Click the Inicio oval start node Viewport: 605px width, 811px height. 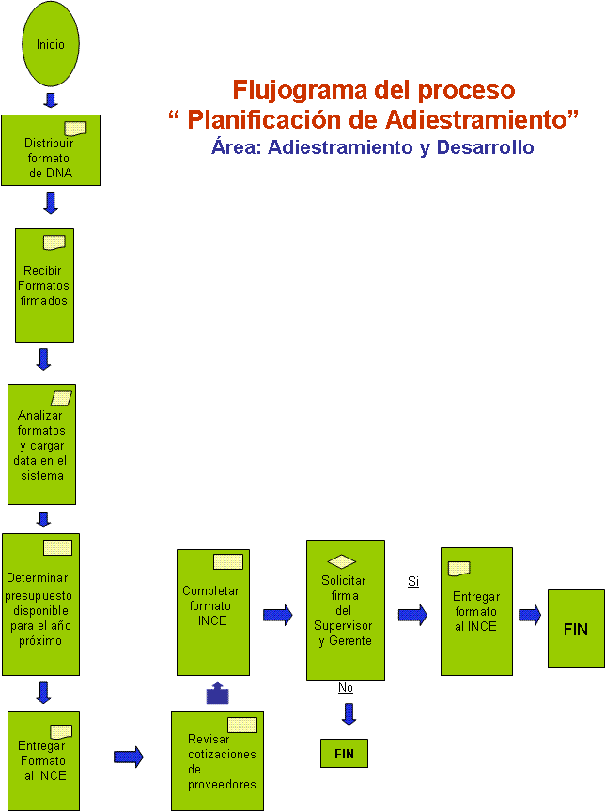coord(51,44)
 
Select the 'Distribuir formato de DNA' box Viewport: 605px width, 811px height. coord(51,150)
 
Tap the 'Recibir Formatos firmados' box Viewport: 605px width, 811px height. coord(44,285)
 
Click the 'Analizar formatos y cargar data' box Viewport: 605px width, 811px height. coord(42,444)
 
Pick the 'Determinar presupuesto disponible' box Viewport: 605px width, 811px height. coord(41,604)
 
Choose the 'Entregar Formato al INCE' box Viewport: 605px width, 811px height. coord(43,760)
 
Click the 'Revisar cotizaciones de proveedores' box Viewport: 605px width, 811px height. coord(217,760)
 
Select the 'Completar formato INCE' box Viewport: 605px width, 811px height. coord(213,612)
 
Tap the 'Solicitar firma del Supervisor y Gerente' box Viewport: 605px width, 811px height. coord(346,610)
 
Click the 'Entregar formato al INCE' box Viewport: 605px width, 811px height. coord(476,611)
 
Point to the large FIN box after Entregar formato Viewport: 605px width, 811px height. coord(576,628)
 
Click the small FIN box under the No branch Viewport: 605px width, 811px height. coord(344,753)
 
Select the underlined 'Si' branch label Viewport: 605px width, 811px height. coord(413,581)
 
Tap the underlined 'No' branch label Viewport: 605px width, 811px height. coord(345,687)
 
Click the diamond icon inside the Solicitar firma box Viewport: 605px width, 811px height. coord(342,561)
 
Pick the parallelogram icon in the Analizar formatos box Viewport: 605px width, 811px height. coord(61,398)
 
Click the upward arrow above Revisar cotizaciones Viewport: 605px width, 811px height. coord(217,693)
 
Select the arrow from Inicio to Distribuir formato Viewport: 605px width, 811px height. coord(50,100)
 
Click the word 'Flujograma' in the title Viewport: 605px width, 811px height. coord(300,90)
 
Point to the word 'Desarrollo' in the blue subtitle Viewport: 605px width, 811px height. coord(485,147)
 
